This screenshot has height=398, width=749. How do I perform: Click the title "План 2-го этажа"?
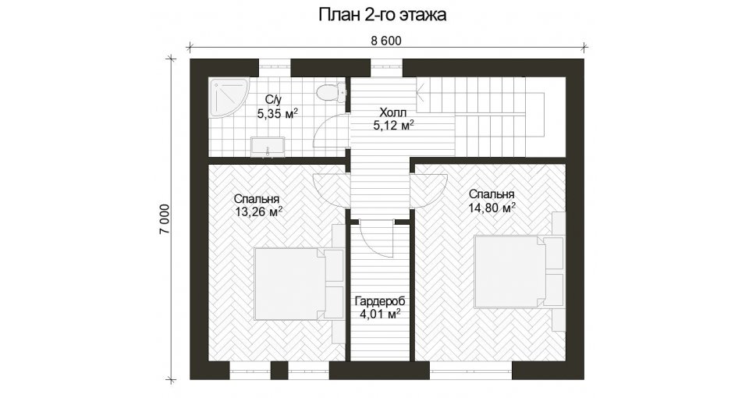point(382,16)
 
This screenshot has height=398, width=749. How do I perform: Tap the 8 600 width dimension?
point(386,41)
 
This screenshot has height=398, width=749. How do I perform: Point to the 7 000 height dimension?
point(165,219)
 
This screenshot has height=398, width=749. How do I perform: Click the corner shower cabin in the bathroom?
point(229,99)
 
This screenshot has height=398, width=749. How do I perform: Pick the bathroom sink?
point(268,146)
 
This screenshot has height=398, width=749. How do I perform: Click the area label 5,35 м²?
point(278,114)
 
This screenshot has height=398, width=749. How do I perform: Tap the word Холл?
point(392,112)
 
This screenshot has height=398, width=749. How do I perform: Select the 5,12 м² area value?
point(392,126)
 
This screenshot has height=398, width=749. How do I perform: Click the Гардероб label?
point(379,301)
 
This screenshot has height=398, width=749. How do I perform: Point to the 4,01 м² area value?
point(380,314)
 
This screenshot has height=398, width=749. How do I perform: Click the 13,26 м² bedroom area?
point(258,211)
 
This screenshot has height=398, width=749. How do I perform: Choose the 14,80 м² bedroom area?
point(492,207)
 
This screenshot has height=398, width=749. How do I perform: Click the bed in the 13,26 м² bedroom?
point(299,284)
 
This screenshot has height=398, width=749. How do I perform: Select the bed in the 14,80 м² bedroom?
point(519,272)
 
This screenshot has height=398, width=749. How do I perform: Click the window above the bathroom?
point(275,67)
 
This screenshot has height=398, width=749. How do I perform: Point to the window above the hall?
point(387,67)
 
